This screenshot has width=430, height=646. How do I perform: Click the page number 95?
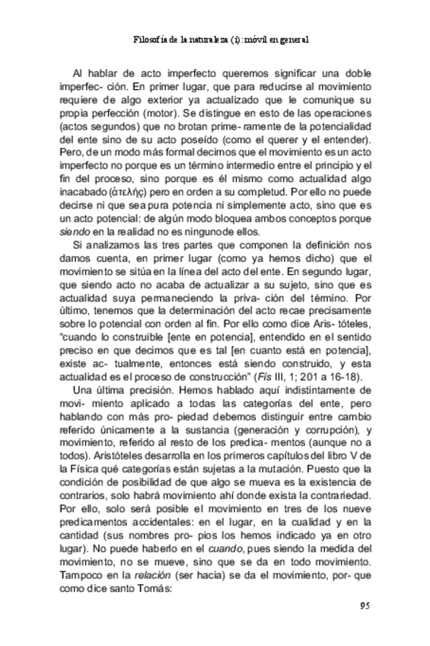(364, 606)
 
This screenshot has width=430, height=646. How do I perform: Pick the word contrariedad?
(336, 483)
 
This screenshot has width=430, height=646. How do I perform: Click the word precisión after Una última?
(129, 394)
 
